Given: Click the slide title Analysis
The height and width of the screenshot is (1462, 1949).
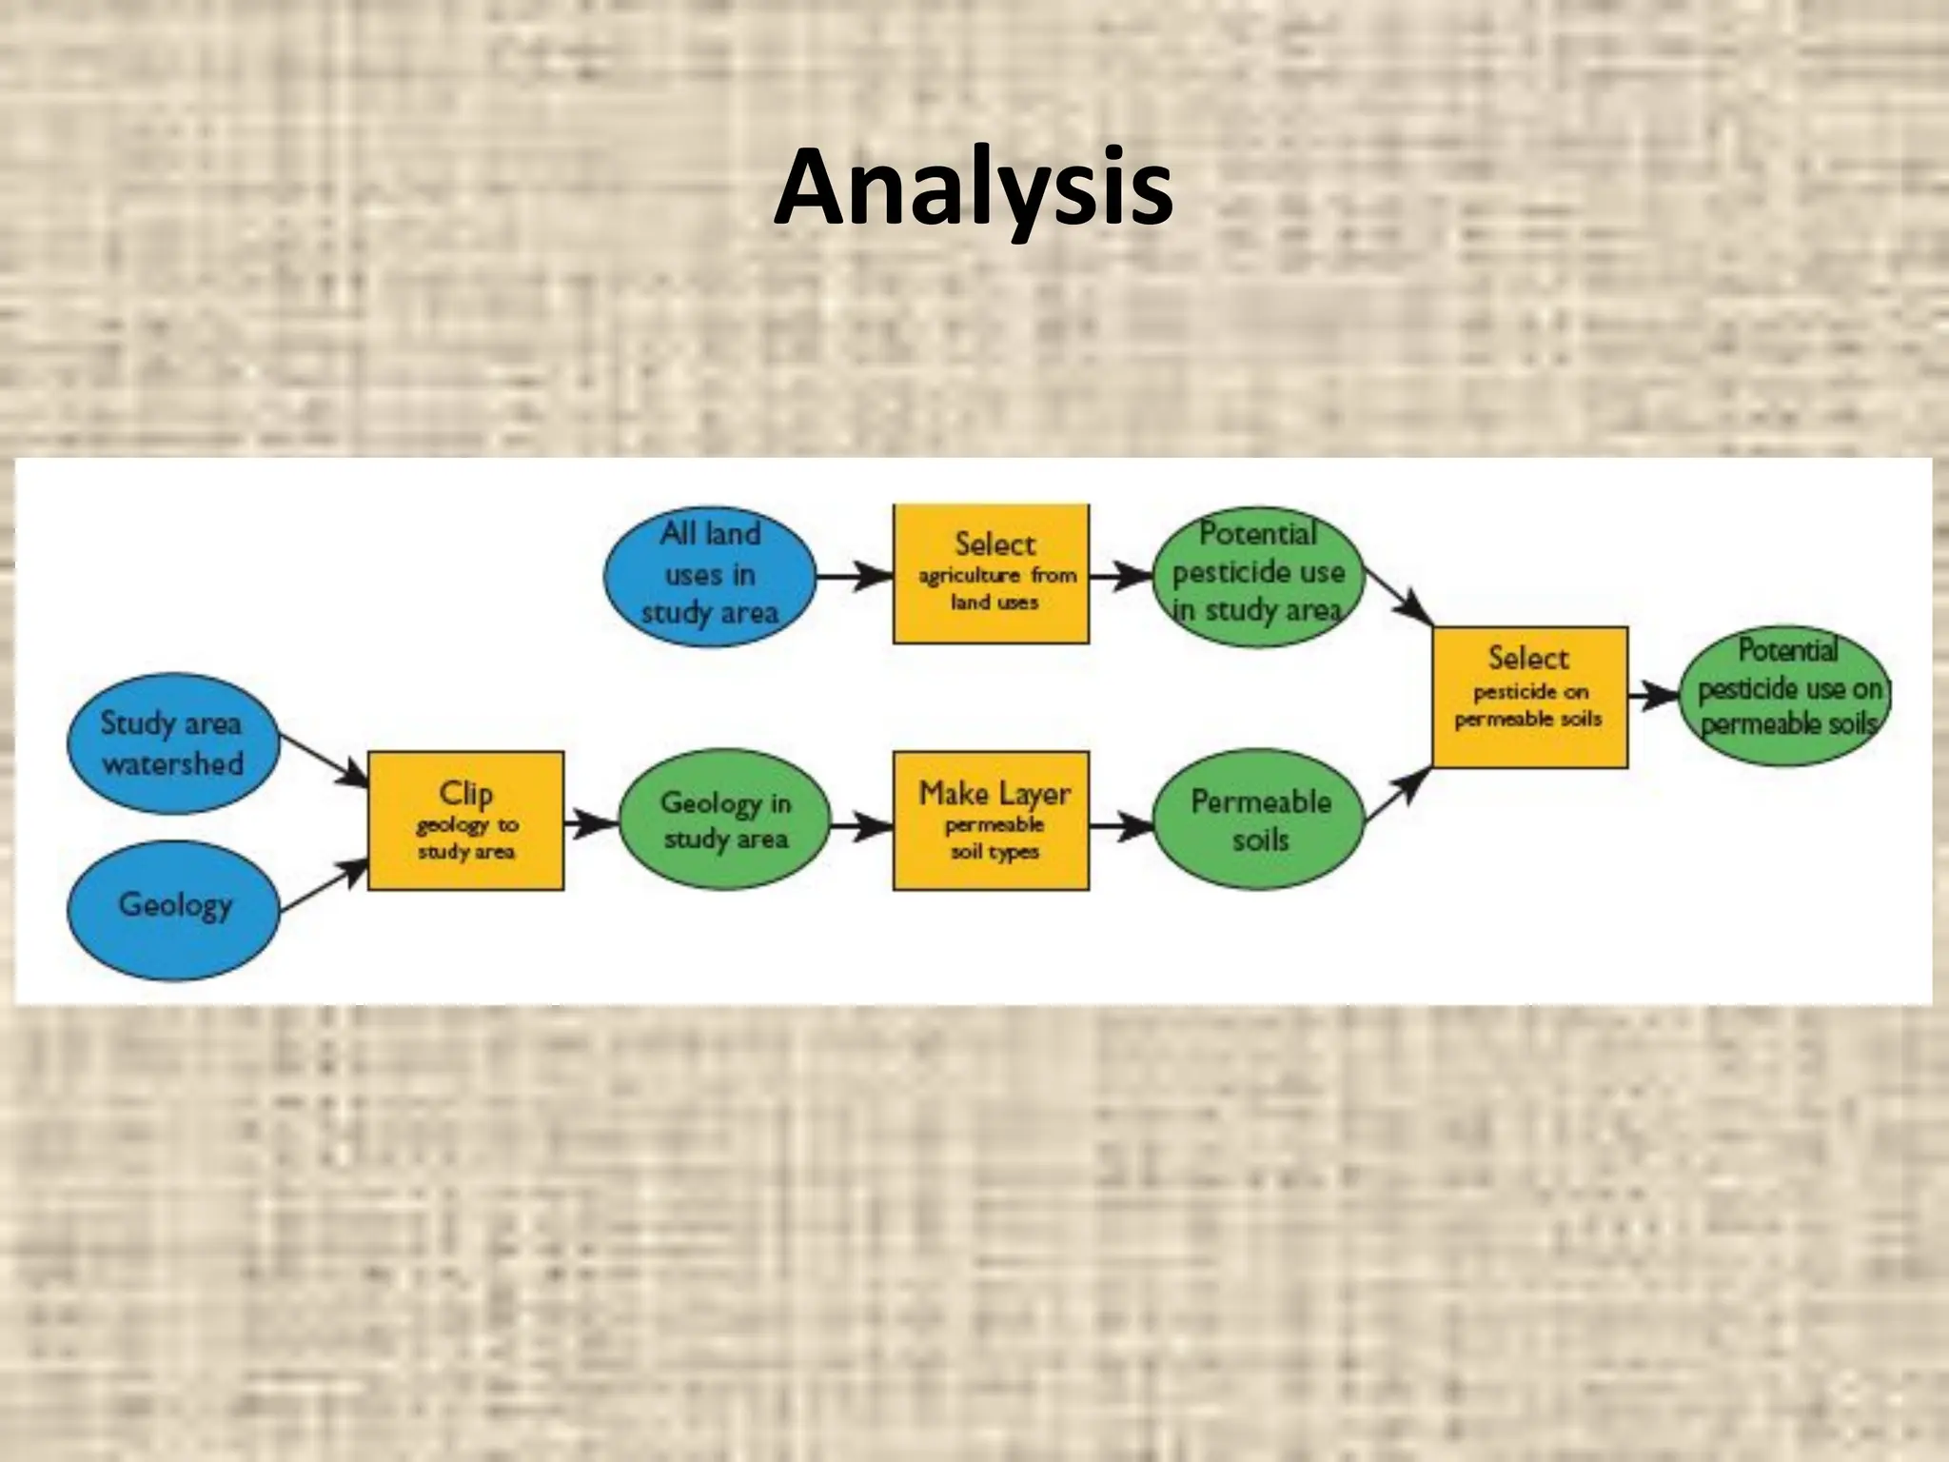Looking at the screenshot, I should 973,189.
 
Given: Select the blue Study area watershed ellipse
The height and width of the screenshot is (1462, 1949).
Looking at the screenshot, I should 173,743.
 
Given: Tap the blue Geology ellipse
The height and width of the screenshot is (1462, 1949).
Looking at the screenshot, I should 173,909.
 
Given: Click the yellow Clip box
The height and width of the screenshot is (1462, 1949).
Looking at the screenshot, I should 465,821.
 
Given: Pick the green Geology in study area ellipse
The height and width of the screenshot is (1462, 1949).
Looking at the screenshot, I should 725,820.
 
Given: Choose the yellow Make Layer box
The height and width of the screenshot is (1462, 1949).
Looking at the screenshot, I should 991,821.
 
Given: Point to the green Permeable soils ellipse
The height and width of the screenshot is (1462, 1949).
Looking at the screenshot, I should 1259,820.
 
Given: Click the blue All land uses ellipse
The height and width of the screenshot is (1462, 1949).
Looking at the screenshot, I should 710,575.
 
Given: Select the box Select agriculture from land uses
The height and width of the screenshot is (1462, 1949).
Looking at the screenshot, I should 991,574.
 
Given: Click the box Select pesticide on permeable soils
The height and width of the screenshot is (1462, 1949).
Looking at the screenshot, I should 1529,697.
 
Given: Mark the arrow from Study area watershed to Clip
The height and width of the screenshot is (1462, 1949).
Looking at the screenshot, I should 324,761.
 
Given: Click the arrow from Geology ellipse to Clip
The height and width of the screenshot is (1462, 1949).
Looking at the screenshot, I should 324,885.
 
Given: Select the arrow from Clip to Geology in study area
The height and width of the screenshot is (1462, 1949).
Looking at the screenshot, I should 591,821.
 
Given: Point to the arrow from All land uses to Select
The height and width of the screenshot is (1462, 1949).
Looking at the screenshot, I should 854,576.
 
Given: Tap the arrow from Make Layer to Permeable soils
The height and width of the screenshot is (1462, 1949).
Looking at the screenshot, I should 1121,825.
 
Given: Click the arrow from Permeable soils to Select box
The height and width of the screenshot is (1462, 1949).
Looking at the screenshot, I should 1397,796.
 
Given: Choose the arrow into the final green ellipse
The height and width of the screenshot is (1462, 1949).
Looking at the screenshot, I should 1654,697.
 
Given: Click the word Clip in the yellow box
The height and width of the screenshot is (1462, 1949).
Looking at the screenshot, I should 465,793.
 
